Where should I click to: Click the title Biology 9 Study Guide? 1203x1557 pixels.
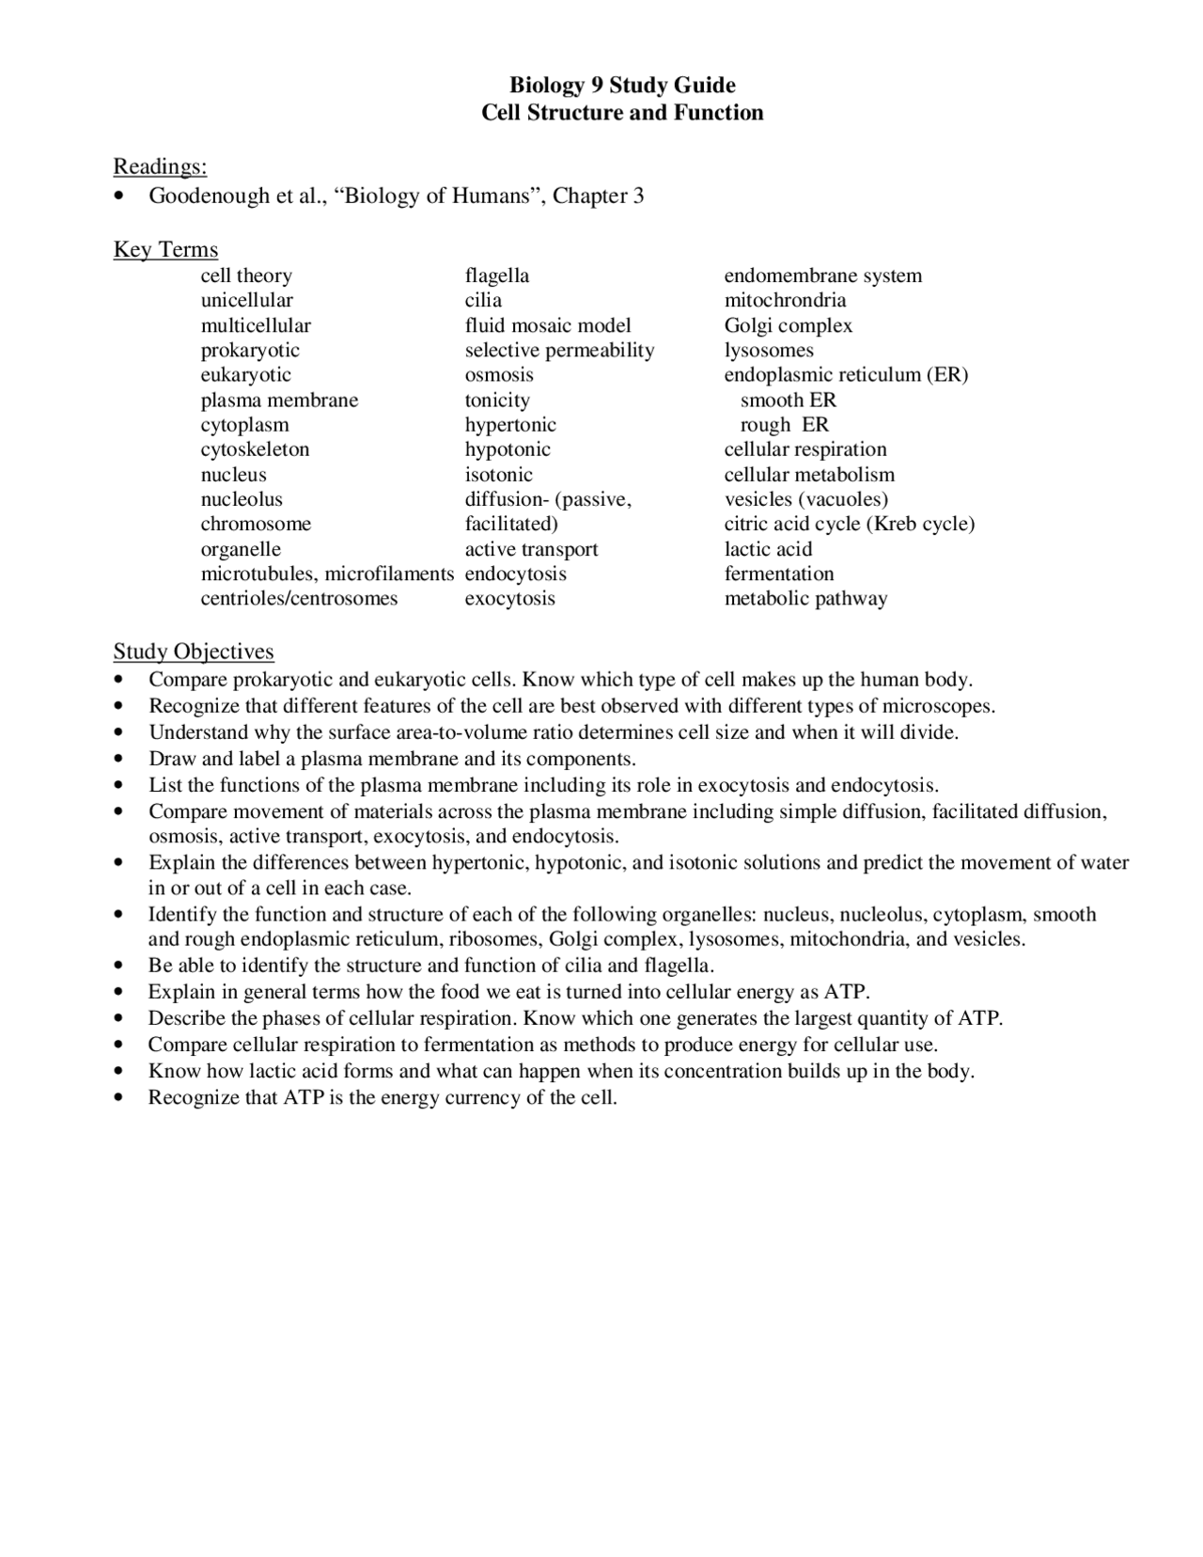[x=622, y=86]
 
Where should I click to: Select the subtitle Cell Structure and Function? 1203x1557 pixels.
[x=622, y=113]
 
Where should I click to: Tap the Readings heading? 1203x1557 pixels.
[x=160, y=166]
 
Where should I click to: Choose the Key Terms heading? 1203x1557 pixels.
[x=165, y=249]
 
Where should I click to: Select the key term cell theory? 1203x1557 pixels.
[x=246, y=275]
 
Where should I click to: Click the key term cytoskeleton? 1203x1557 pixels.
[x=255, y=449]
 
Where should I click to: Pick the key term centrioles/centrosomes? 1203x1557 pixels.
[x=299, y=599]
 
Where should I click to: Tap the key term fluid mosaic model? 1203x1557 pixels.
[x=548, y=325]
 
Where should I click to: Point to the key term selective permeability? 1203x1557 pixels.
[x=559, y=350]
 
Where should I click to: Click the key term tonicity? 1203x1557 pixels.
[x=497, y=400]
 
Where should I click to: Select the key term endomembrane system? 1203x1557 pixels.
[x=822, y=275]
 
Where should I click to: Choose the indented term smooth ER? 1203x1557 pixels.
[x=788, y=400]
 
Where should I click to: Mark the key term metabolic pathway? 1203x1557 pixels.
[x=805, y=599]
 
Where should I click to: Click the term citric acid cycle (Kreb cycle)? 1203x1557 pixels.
[x=849, y=524]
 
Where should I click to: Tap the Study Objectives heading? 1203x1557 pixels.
[x=194, y=652]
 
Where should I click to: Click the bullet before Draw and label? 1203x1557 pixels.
[x=118, y=759]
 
